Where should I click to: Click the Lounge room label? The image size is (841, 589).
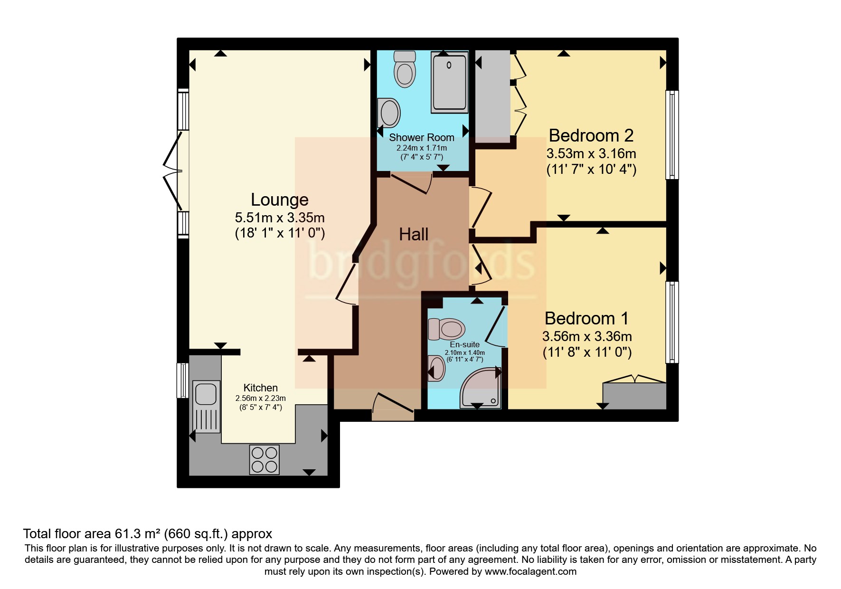coord(279,200)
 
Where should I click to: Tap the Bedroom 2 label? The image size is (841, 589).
coord(591,136)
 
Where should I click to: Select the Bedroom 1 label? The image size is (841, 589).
coord(586,318)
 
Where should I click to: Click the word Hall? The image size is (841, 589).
coord(413,234)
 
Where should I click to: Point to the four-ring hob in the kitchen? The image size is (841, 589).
coord(265,459)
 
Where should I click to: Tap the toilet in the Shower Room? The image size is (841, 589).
coord(405,69)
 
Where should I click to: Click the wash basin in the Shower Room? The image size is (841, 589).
coord(389,113)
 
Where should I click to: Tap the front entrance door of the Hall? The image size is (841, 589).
coord(393,408)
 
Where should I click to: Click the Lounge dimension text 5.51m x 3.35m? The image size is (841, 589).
coord(280,218)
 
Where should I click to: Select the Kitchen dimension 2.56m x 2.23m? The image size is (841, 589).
coord(260,399)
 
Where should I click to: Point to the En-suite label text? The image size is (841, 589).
coord(464,344)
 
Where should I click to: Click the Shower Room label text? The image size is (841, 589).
coord(421,138)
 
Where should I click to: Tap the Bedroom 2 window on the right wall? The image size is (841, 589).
coord(671,135)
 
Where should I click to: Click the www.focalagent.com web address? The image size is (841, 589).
coord(530,571)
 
